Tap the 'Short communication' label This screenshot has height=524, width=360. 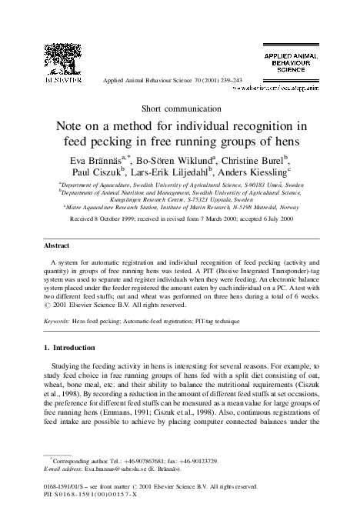[179, 108]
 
